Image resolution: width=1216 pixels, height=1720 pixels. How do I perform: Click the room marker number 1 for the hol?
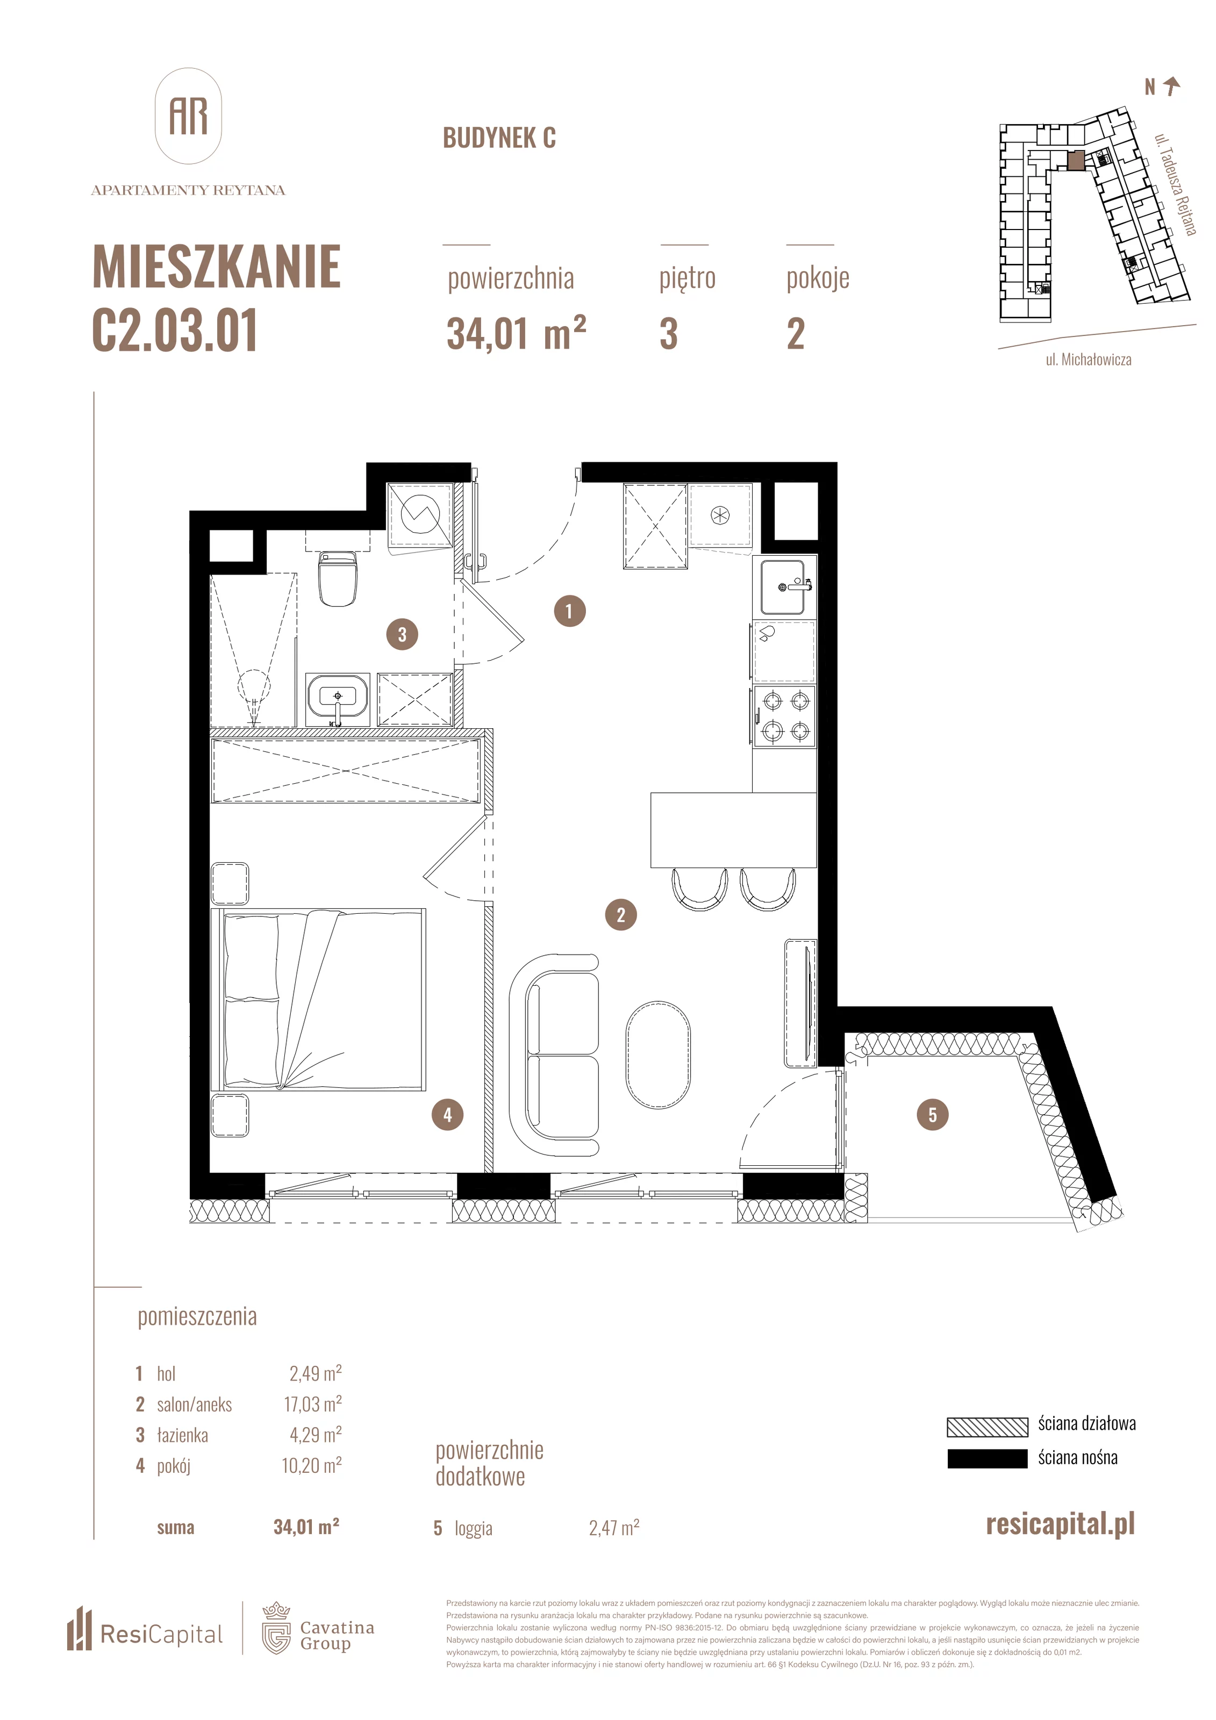coord(569,611)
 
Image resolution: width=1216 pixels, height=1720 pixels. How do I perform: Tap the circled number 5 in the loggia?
coord(932,1115)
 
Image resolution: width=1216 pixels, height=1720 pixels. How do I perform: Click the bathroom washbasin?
coord(337,698)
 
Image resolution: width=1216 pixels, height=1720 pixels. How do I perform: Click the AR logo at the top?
coord(188,116)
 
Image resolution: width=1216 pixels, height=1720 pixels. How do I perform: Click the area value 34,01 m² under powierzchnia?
coord(516,333)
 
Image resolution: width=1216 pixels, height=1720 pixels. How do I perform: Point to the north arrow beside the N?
coord(1172,87)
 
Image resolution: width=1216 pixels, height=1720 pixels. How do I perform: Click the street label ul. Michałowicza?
coord(1089,360)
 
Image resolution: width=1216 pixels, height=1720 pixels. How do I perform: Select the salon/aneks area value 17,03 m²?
coord(312,1403)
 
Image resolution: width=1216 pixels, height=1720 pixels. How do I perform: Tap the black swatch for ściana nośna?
coord(987,1458)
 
